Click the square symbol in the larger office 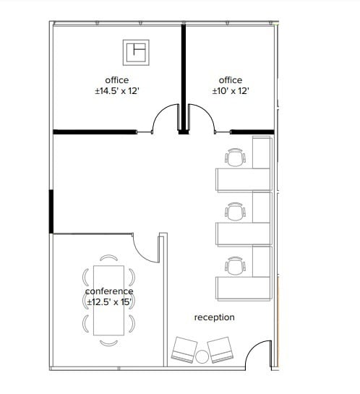[135, 52]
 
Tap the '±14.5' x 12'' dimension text [116, 92]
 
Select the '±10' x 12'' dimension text [231, 92]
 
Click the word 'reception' [214, 317]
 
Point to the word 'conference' [109, 291]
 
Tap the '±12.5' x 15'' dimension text [109, 301]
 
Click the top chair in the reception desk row [236, 157]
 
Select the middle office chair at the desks [236, 211]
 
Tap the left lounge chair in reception [184, 351]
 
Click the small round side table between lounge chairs [202, 356]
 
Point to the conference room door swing [147, 249]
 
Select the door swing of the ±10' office [201, 118]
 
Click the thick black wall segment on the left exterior [51, 211]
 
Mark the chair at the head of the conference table [108, 258]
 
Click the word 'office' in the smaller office [231, 80]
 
